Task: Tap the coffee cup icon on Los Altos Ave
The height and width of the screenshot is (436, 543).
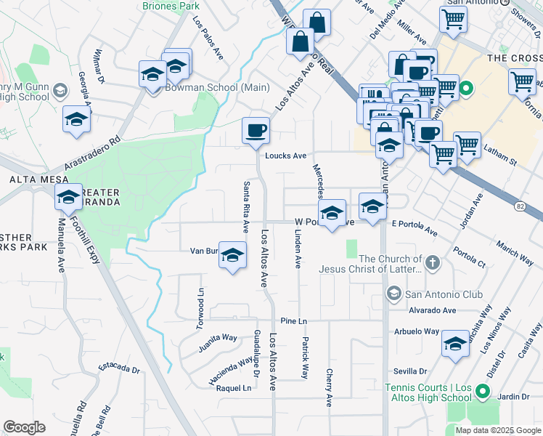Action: point(255,132)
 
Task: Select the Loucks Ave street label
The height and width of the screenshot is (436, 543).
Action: point(285,156)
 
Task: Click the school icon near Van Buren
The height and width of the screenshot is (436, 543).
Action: point(232,256)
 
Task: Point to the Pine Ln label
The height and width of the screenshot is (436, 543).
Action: point(293,321)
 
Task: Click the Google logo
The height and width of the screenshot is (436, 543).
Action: point(24,427)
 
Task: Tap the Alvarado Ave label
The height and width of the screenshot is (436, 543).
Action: point(431,310)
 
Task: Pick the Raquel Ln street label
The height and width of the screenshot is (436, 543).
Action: point(234,388)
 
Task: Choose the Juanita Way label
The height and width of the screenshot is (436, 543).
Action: point(219,338)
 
